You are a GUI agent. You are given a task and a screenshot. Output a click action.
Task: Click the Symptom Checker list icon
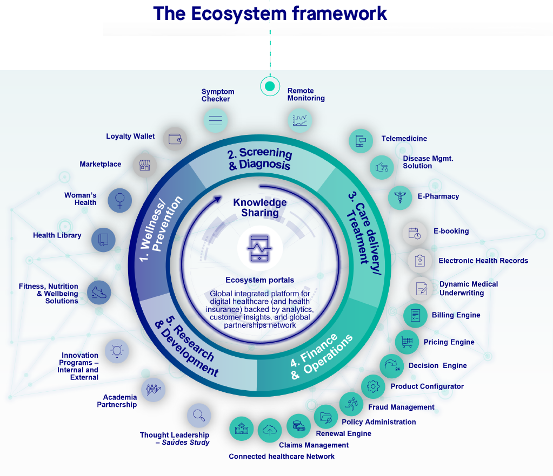coord(215,120)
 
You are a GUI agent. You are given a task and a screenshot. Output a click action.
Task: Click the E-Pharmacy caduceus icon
coord(400,197)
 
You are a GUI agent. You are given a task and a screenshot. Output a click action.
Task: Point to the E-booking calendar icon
coord(415,233)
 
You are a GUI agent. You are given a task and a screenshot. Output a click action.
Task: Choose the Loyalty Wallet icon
coord(175,139)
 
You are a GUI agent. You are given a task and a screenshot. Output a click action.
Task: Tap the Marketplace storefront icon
coord(144,165)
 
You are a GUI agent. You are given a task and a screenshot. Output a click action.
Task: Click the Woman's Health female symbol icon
coord(120,200)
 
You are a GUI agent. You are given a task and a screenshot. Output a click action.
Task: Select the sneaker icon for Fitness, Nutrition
coord(99,293)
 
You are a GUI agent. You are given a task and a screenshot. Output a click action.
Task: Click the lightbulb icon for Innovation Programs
coord(116,351)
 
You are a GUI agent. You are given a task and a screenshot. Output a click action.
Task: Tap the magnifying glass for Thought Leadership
coord(199,415)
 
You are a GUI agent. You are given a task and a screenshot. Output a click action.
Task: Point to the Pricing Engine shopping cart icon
coord(407,342)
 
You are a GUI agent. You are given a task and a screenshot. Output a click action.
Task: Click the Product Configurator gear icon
coord(373,386)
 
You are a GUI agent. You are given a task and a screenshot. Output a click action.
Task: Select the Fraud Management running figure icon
coord(351,404)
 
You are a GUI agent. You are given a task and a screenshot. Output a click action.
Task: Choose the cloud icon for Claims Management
coord(270,430)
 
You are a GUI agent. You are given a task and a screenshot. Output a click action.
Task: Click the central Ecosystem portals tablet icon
coord(260,249)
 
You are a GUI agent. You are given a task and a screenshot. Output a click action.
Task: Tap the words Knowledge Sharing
coord(260,207)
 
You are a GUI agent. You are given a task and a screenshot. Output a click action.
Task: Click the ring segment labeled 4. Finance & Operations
coord(319,356)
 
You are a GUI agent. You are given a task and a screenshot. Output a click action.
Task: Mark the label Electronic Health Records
coord(483,261)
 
